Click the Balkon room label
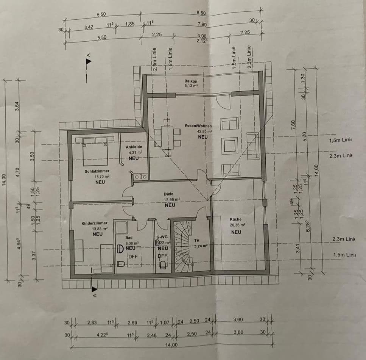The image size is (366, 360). (x=191, y=81)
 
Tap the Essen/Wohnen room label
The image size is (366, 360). (x=198, y=125)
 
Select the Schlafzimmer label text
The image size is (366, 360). (x=97, y=171)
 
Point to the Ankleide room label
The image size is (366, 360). (x=134, y=147)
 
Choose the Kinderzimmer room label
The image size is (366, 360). (x=94, y=224)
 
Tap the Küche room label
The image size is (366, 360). (x=235, y=219)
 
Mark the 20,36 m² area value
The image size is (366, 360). (x=237, y=225)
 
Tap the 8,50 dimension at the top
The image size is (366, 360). (x=201, y=13)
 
